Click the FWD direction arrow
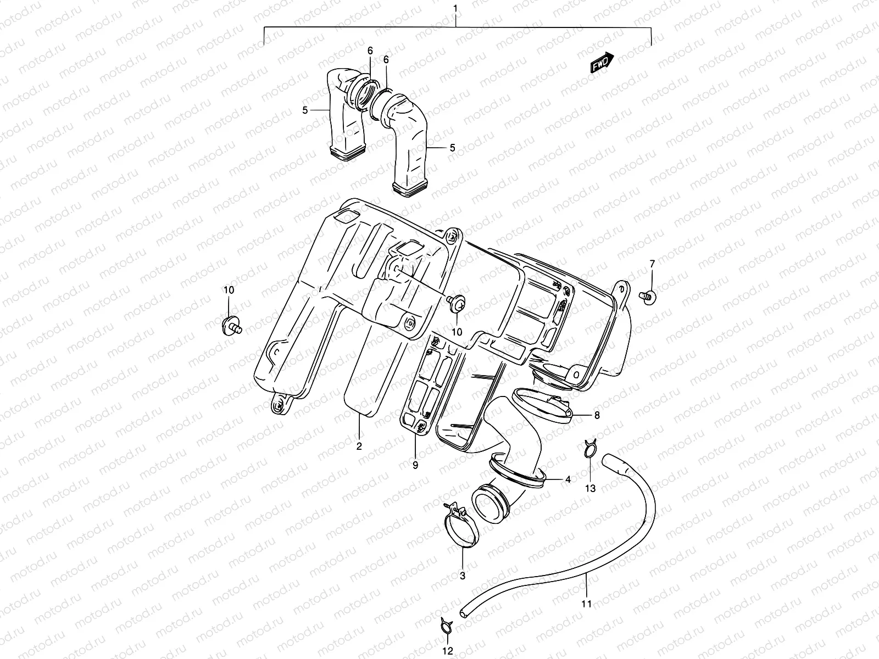pyautogui.click(x=602, y=63)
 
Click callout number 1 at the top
pyautogui.click(x=455, y=8)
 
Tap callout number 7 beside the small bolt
pyautogui.click(x=652, y=264)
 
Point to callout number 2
pyautogui.click(x=359, y=446)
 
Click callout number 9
pyautogui.click(x=415, y=465)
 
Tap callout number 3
pyautogui.click(x=462, y=576)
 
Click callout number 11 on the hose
pyautogui.click(x=586, y=604)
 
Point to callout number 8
pyautogui.click(x=597, y=415)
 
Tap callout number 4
pyautogui.click(x=568, y=479)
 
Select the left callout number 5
pyautogui.click(x=305, y=110)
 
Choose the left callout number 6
pyautogui.click(x=370, y=51)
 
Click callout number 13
pyautogui.click(x=590, y=488)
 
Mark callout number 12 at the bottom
pyautogui.click(x=448, y=651)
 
